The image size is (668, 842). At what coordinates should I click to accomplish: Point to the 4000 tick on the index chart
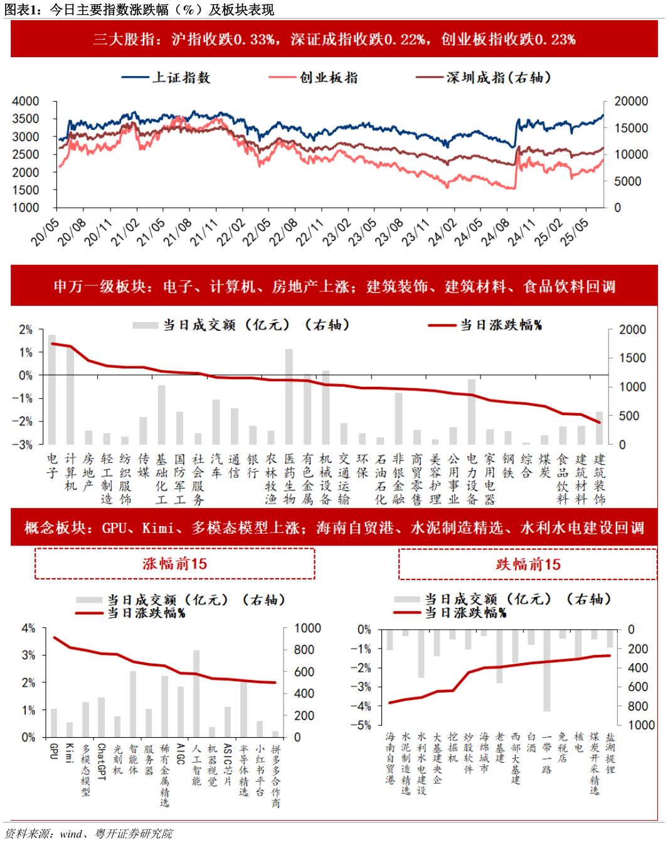coord(26,101)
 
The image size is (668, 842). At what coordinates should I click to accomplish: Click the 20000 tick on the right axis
coord(630,101)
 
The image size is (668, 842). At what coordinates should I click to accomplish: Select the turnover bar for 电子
coord(52,389)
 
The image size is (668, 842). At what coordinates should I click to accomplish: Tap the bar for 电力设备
coord(472,412)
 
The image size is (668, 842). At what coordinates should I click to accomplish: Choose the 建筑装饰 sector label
coord(600,479)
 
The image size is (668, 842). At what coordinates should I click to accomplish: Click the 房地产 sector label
coord(88,472)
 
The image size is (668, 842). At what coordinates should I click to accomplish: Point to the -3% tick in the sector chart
coord(25,445)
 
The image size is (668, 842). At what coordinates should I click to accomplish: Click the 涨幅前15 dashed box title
coord(174,564)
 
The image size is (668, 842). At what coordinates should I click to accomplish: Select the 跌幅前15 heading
coord(528,564)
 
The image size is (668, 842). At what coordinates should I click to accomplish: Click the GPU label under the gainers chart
coord(53,751)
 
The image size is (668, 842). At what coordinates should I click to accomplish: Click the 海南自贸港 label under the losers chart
coord(390,758)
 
